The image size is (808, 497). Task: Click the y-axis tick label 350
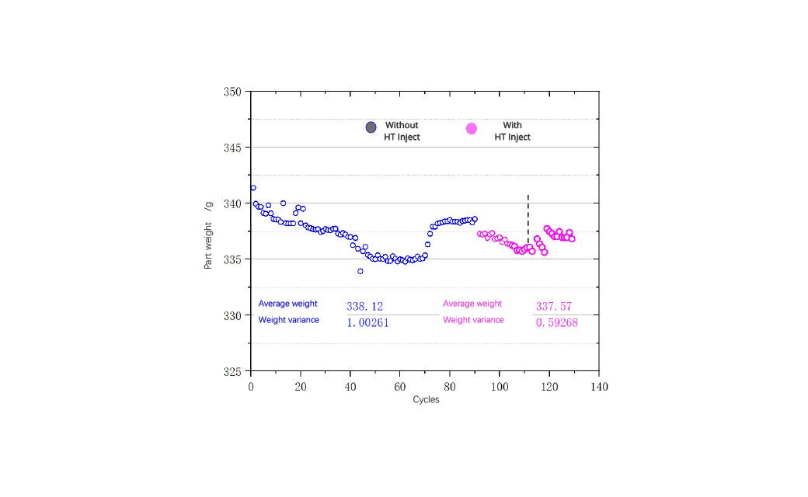[232, 92]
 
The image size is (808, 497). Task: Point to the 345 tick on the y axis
[232, 148]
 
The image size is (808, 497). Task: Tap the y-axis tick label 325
[232, 371]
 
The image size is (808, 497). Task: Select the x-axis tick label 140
[599, 387]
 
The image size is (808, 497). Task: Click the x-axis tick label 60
[400, 387]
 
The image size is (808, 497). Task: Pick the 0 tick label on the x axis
[251, 387]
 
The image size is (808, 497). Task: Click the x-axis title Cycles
[427, 400]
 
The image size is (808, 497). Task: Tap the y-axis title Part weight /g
[208, 235]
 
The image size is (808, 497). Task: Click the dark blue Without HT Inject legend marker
[371, 127]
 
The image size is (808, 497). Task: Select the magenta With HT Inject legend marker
[472, 129]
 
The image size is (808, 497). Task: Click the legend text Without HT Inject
[402, 131]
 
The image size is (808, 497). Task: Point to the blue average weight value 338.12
[365, 307]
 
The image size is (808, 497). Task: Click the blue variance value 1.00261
[368, 323]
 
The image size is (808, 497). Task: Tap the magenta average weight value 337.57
[554, 307]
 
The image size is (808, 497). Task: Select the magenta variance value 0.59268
[557, 323]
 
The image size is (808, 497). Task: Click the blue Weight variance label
[288, 320]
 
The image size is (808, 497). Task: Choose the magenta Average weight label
[472, 304]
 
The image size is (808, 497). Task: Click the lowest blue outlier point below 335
[360, 272]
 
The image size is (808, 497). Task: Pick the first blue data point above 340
[253, 188]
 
